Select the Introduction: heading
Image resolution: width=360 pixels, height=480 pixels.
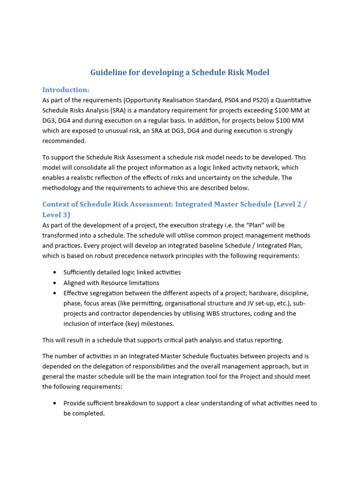click(66, 90)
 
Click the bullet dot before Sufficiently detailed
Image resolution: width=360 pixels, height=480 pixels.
click(55, 272)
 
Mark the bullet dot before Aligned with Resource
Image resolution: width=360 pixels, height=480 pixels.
click(55, 283)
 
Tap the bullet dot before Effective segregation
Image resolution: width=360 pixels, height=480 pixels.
click(55, 293)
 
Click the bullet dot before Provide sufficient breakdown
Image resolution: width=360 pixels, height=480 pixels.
click(55, 403)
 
